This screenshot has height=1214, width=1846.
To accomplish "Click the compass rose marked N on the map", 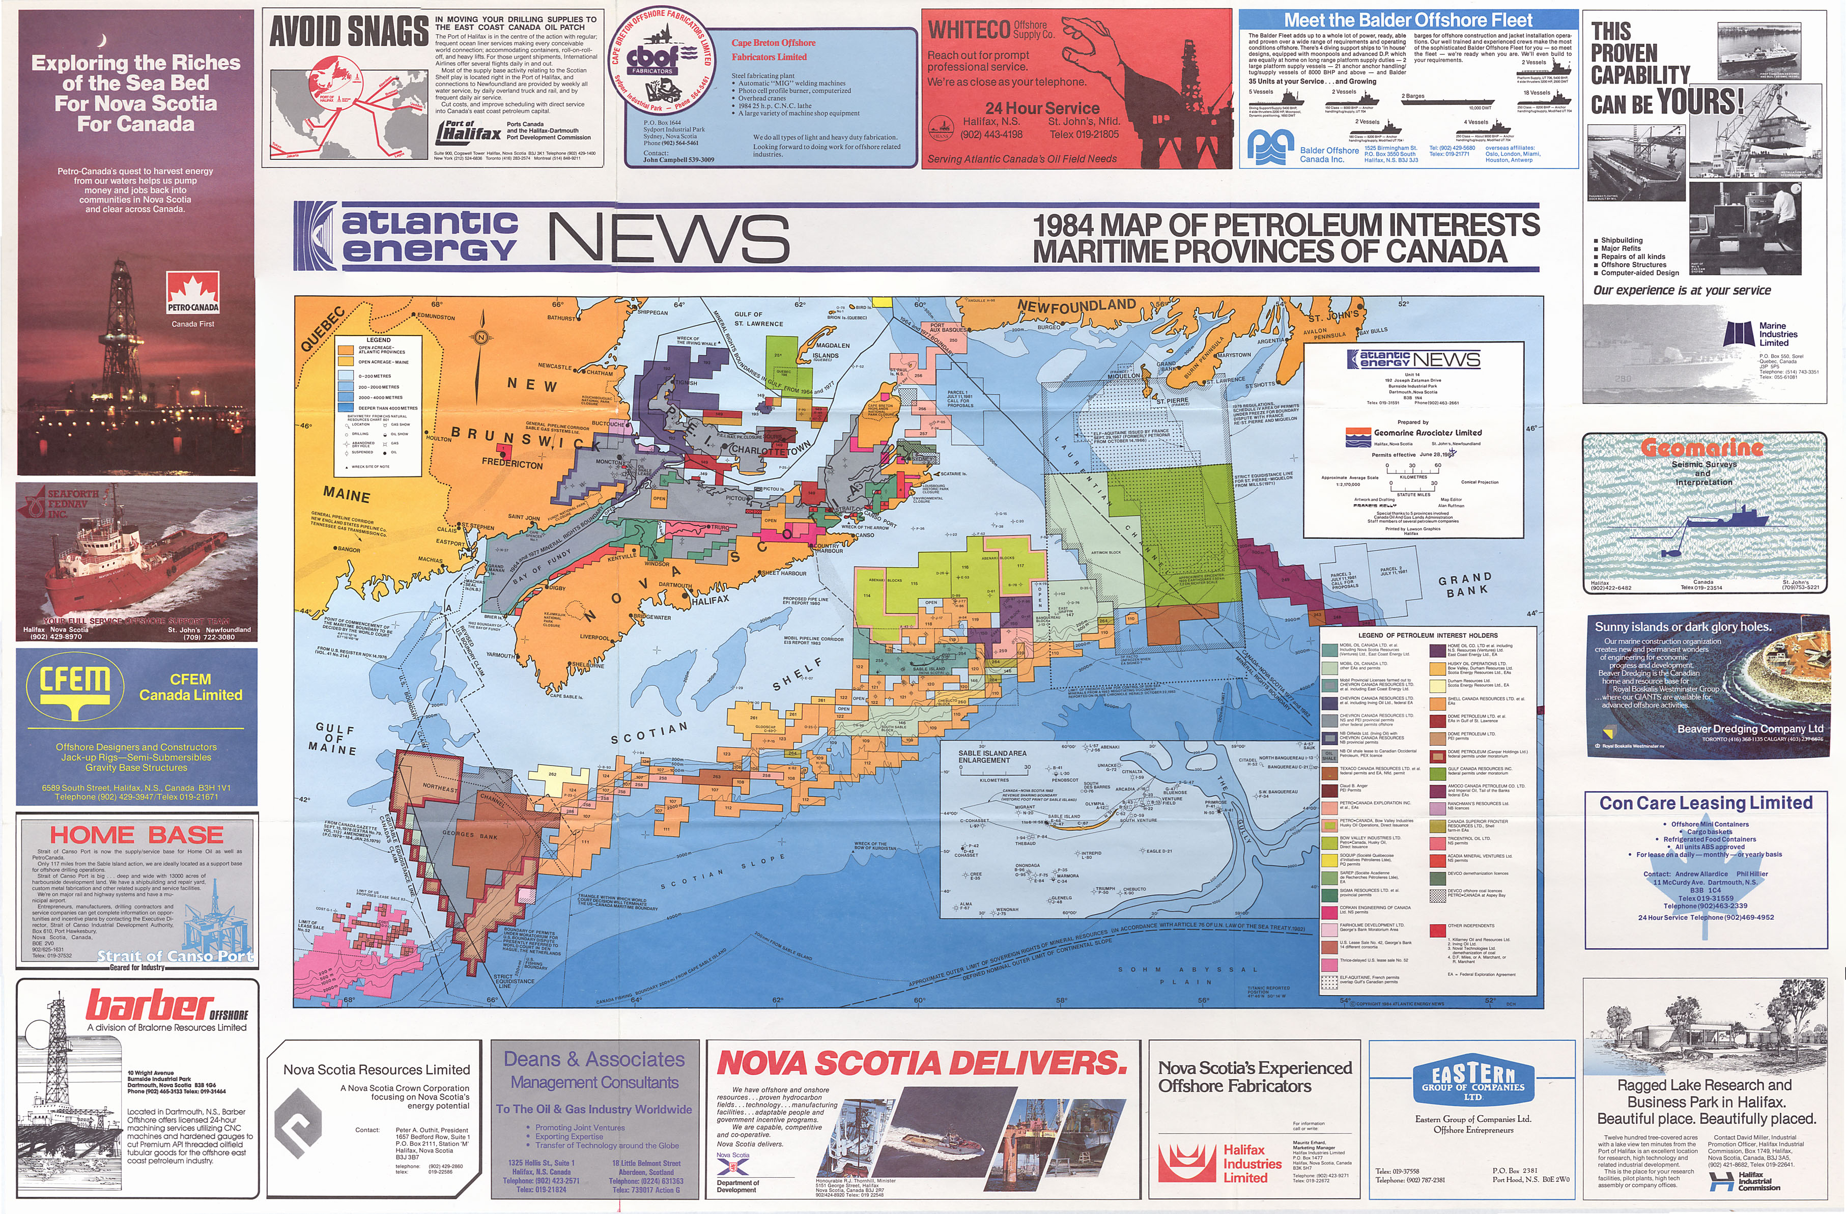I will click(481, 336).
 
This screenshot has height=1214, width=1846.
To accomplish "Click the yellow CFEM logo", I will click(74, 687).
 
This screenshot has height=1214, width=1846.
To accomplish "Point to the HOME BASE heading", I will click(136, 835).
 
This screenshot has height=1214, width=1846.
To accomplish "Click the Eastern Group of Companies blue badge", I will click(1472, 1081).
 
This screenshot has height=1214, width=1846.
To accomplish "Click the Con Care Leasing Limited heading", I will click(1706, 803).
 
